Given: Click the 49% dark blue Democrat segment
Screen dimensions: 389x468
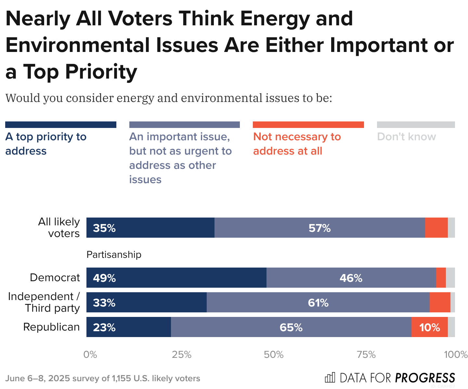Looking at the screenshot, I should coord(176,278).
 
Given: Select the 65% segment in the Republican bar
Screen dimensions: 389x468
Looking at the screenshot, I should coord(291,327).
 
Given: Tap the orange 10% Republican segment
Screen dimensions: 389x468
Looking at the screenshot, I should coord(429,327).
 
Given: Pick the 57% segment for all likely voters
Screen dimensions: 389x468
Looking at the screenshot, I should coord(319,228).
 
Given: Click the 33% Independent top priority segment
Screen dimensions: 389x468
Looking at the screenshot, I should coord(146,302).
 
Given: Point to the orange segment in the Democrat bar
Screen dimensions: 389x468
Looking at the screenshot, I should coord(441,278).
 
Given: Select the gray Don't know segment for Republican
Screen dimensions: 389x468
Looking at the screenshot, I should coord(451,327).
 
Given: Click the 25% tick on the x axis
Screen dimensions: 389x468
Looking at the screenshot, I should coord(182,355).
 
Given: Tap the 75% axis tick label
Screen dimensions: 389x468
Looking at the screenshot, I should coord(366,355).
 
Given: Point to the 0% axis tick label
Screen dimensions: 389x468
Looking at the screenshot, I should coord(90,355).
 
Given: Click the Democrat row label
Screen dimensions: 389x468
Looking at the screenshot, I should coord(55,278).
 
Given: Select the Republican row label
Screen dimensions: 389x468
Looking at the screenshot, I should coord(51,327).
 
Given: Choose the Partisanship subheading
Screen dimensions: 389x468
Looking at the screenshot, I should coord(114,255).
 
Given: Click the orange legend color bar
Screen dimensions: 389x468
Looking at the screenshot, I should coord(308,125).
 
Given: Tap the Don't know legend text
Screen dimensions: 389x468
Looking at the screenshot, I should coord(406,137).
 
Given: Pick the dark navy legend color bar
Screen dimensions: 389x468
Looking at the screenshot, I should coord(61,125).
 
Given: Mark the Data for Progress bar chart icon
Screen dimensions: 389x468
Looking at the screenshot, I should coord(330,378).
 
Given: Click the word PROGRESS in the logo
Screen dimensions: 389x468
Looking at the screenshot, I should coord(425,378).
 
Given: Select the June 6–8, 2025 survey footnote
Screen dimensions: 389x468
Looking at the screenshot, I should coord(103,378).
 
